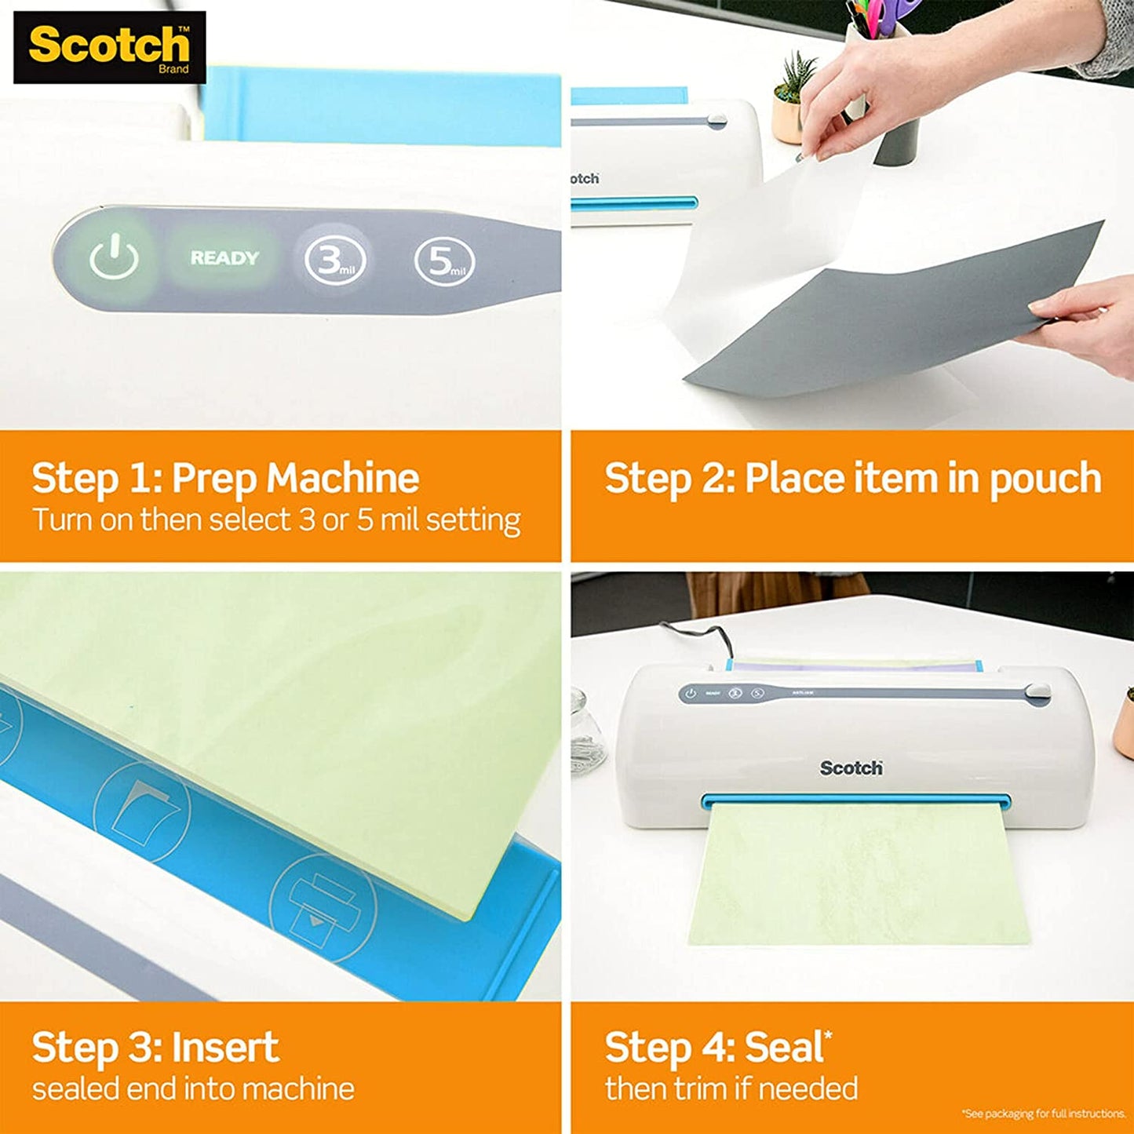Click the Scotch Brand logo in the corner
tap(110, 47)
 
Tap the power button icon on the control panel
tap(114, 258)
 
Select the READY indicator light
tap(224, 258)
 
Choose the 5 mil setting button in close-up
tap(444, 261)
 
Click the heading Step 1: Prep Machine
tap(225, 478)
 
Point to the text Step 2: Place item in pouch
tap(852, 478)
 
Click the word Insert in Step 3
tap(225, 1047)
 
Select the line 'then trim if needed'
tap(731, 1088)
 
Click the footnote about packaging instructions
tap(1043, 1114)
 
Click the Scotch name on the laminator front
tap(851, 768)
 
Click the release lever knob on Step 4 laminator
tap(1037, 691)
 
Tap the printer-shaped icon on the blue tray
tap(322, 906)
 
